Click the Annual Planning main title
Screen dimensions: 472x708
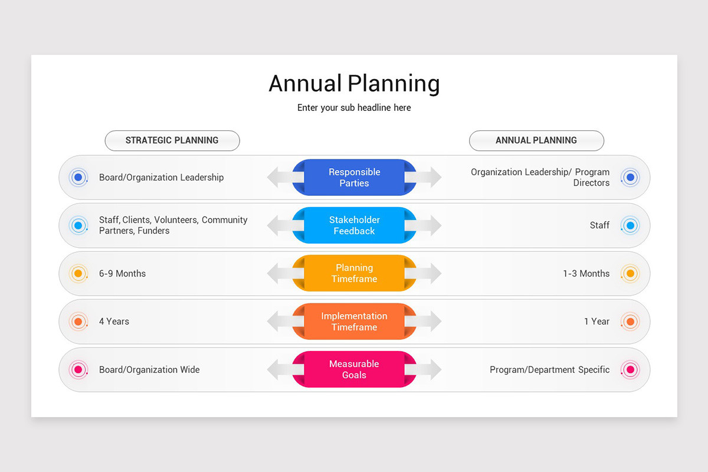[x=354, y=84]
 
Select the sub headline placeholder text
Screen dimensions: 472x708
[x=354, y=108]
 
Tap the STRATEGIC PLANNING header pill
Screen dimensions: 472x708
[x=172, y=140]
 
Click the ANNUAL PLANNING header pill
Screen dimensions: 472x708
[x=536, y=140]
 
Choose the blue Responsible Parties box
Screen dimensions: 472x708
[x=354, y=178]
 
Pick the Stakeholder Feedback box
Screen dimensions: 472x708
[x=354, y=225]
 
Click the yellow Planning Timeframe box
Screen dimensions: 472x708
[x=354, y=273]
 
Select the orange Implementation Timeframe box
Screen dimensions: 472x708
[x=354, y=322]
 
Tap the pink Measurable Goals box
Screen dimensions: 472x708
[x=354, y=369]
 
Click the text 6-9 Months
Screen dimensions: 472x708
[x=122, y=274]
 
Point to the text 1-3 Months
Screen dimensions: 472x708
[x=586, y=274]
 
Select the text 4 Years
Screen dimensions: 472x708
[x=114, y=322]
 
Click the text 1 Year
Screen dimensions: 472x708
[x=596, y=322]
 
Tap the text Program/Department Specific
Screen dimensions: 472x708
[x=549, y=370]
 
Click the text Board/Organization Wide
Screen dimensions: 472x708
[x=149, y=370]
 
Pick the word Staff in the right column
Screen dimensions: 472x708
[x=599, y=225]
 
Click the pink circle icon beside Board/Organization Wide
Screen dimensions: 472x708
[x=78, y=370]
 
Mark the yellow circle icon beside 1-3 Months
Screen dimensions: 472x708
[x=630, y=274]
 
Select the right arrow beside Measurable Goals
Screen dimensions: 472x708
[x=431, y=369]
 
